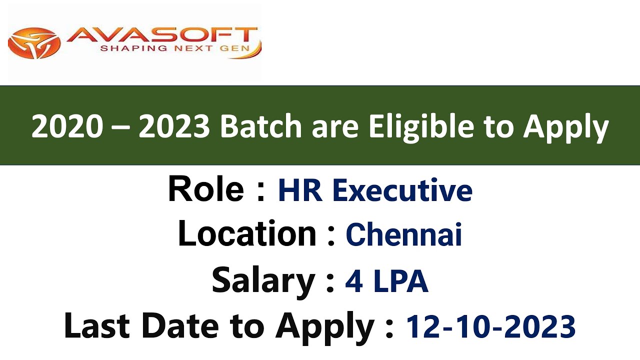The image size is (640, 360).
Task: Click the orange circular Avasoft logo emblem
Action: tap(34, 43)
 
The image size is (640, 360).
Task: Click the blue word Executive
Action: tap(402, 190)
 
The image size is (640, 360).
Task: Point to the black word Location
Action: tap(247, 233)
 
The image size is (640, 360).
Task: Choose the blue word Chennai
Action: tap(403, 234)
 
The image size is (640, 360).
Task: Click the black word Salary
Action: tap(263, 280)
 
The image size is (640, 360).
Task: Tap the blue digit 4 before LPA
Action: tap(354, 281)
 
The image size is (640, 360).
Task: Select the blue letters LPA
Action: tap(401, 281)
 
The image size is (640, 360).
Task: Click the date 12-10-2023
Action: tap(490, 327)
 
